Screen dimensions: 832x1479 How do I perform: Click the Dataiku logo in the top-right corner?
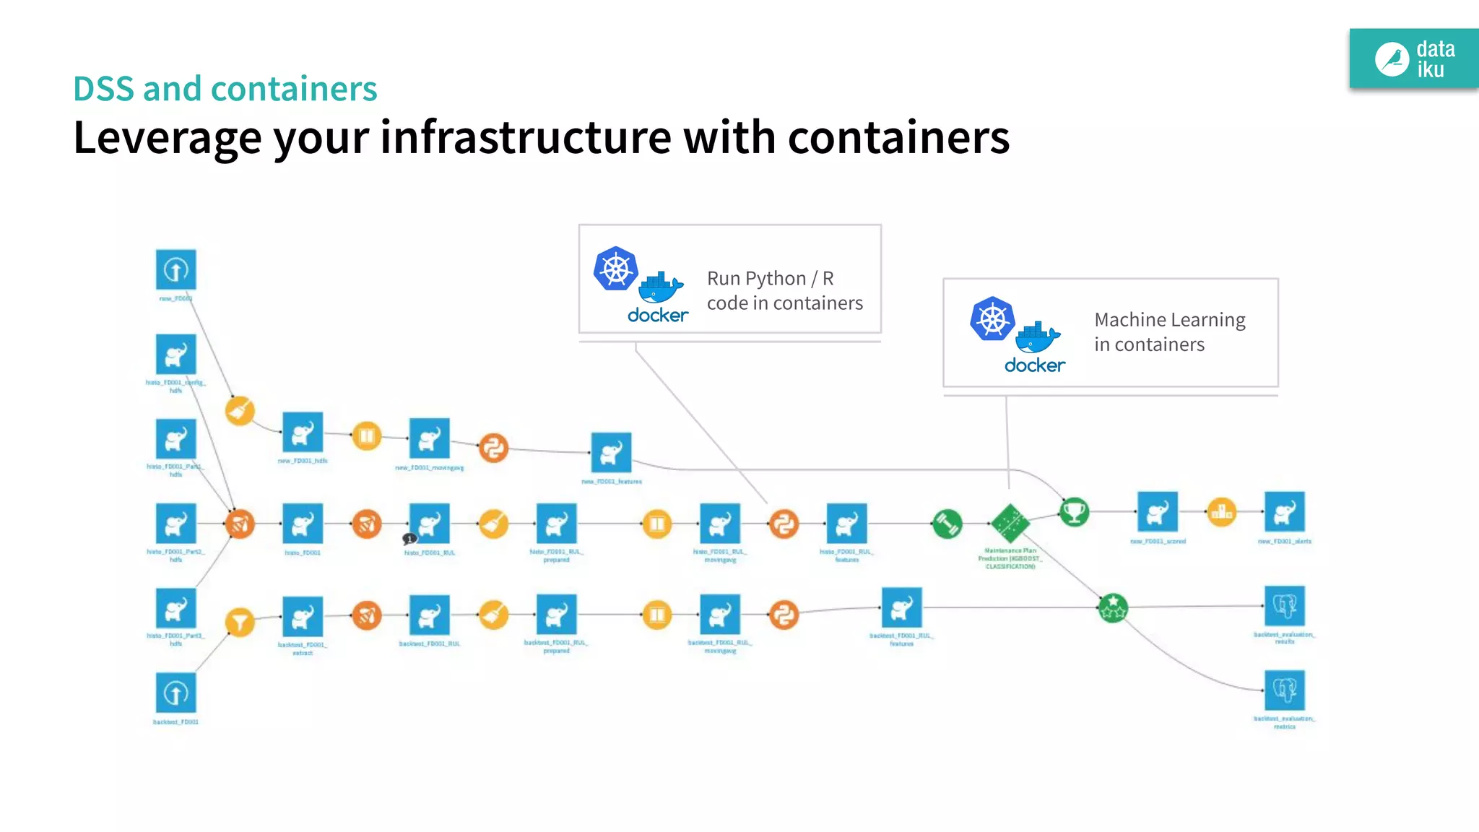coord(1413,59)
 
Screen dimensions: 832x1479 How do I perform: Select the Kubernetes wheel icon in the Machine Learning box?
coord(992,318)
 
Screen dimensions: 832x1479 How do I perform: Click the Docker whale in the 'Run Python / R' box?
coord(660,287)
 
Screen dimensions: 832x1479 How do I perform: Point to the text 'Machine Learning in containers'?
coord(1168,331)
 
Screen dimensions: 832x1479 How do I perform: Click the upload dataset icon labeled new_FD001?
coord(175,270)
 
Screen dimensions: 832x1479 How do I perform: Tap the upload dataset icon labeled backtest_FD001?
coord(175,693)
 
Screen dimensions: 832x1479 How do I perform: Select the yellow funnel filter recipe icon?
coord(240,622)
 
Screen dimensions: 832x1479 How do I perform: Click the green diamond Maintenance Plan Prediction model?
coord(1010,523)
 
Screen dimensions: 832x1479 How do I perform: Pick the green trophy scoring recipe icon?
coord(1074,512)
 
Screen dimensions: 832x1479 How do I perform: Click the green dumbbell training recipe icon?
coord(947,524)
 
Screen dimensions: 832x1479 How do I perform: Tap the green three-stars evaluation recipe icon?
coord(1113,607)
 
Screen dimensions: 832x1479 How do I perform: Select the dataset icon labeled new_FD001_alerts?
coord(1284,512)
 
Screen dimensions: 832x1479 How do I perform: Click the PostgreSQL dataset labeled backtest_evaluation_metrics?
coord(1284,690)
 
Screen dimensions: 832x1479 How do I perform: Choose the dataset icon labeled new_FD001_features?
coord(611,452)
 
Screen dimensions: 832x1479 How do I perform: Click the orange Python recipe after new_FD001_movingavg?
coord(493,448)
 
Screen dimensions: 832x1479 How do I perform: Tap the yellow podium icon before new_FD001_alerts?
coord(1221,512)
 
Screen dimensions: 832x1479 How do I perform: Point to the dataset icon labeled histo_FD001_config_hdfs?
coord(175,355)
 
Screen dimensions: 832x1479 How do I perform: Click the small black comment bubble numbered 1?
coord(409,539)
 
